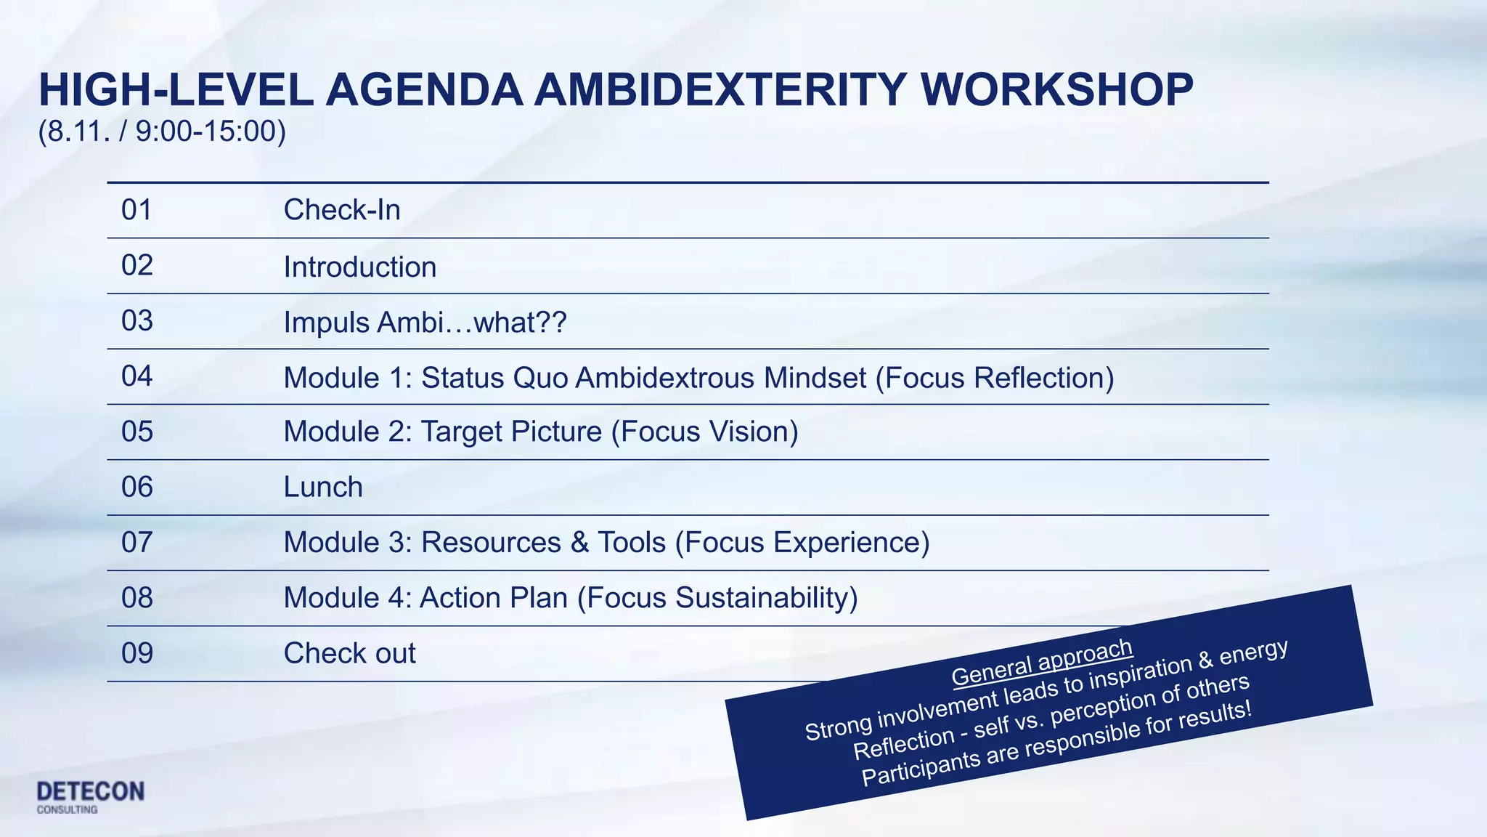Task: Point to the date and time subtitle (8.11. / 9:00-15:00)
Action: [162, 132]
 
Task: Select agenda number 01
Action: [137, 210]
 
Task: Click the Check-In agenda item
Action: [341, 210]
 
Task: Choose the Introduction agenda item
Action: [359, 267]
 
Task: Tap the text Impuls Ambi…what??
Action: [424, 322]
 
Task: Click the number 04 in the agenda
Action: [137, 376]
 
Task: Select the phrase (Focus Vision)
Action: [704, 432]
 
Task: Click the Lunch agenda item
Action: [322, 487]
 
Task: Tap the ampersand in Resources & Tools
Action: [579, 543]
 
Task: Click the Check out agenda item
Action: [349, 653]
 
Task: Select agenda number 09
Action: [137, 653]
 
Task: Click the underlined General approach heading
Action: [1041, 662]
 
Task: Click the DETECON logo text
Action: [91, 791]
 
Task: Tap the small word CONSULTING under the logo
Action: [67, 809]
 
